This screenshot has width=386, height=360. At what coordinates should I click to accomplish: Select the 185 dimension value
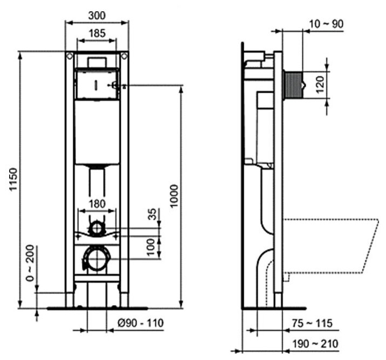click(97, 33)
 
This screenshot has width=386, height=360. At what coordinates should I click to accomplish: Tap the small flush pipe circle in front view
click(97, 228)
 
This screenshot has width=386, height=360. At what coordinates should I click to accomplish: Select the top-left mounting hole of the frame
click(70, 56)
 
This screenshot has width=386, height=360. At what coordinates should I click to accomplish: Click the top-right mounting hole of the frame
click(125, 56)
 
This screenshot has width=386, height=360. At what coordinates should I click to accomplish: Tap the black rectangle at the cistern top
click(97, 61)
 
